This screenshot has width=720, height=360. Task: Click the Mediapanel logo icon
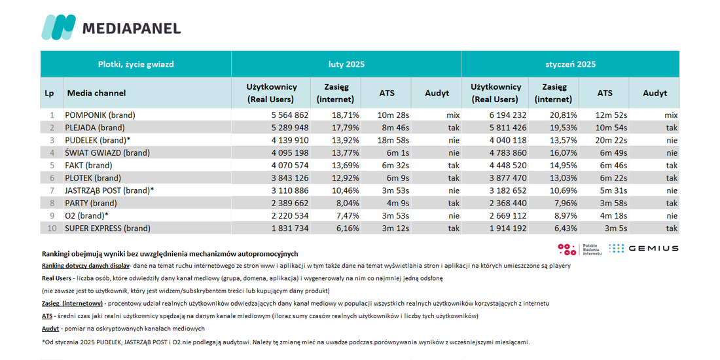(58, 27)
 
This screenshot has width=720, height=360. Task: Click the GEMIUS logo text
(653, 249)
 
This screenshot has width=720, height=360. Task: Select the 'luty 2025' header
(346, 64)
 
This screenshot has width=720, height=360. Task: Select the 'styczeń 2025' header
(570, 64)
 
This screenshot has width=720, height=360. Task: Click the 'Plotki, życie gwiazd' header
(136, 64)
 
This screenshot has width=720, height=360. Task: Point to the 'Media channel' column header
(96, 93)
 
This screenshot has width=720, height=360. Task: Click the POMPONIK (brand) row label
(100, 115)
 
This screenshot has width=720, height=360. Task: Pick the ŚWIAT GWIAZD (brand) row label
(107, 153)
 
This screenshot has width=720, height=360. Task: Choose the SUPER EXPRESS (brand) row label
(107, 228)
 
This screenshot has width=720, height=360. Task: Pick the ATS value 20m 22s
(611, 140)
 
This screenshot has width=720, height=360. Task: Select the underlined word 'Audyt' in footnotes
(50, 329)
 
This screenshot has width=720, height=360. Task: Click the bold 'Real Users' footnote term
(56, 278)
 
